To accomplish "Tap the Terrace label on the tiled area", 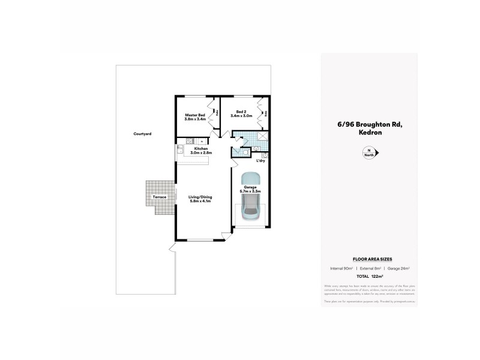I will pos(159,197).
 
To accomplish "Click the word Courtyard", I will pos(142,134).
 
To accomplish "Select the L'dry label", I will pos(261,161).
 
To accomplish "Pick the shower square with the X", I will pos(261,136).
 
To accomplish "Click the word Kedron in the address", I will pos(369,133).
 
